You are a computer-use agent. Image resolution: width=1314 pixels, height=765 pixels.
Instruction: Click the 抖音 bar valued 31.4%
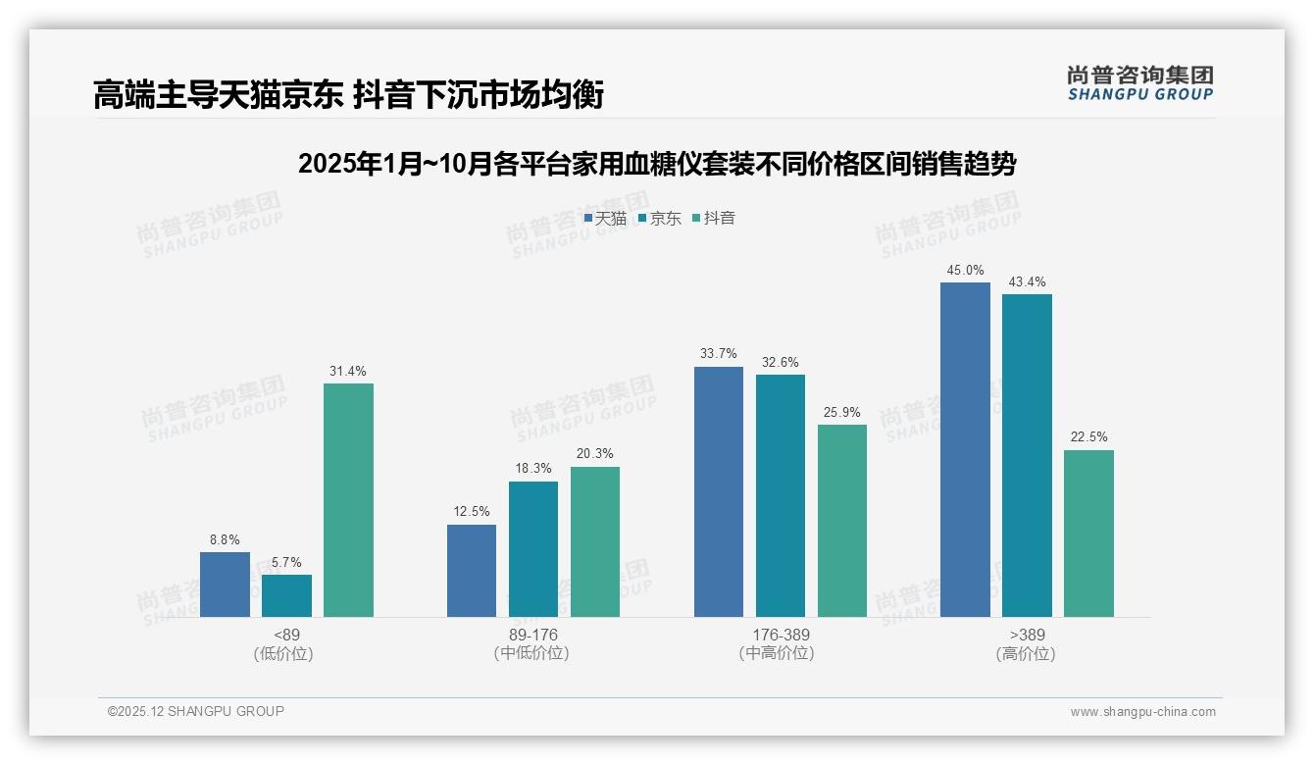tap(348, 500)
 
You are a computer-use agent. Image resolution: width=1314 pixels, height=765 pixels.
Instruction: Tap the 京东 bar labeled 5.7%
tap(286, 595)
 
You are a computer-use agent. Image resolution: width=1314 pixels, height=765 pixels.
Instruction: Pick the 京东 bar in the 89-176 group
tap(532, 549)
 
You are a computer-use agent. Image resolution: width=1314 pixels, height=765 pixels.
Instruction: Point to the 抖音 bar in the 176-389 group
tap(842, 521)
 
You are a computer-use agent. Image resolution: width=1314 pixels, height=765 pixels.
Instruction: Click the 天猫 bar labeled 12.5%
tap(472, 571)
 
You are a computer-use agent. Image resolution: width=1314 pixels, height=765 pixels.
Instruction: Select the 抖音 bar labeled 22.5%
tap(1088, 534)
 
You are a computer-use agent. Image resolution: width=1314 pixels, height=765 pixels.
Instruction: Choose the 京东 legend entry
tap(660, 219)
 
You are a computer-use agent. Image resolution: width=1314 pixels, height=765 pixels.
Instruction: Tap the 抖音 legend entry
tap(714, 219)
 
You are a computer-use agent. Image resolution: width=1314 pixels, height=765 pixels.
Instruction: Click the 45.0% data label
tap(965, 271)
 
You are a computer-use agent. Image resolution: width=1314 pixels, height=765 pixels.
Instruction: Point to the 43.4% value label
tap(1027, 282)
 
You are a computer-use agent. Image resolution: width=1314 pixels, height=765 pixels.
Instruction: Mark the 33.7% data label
tap(719, 354)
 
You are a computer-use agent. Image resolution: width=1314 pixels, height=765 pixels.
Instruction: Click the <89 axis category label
tap(287, 635)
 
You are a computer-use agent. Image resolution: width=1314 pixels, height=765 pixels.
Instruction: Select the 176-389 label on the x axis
tap(781, 635)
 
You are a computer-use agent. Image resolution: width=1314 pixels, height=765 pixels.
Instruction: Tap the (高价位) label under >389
tap(1026, 653)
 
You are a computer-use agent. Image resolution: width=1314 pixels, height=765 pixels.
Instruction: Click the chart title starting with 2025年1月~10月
tap(656, 164)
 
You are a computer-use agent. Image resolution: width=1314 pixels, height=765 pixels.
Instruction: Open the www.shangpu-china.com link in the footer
tap(1142, 712)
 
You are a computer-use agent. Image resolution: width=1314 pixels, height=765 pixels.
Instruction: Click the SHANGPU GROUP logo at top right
tap(1139, 82)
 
